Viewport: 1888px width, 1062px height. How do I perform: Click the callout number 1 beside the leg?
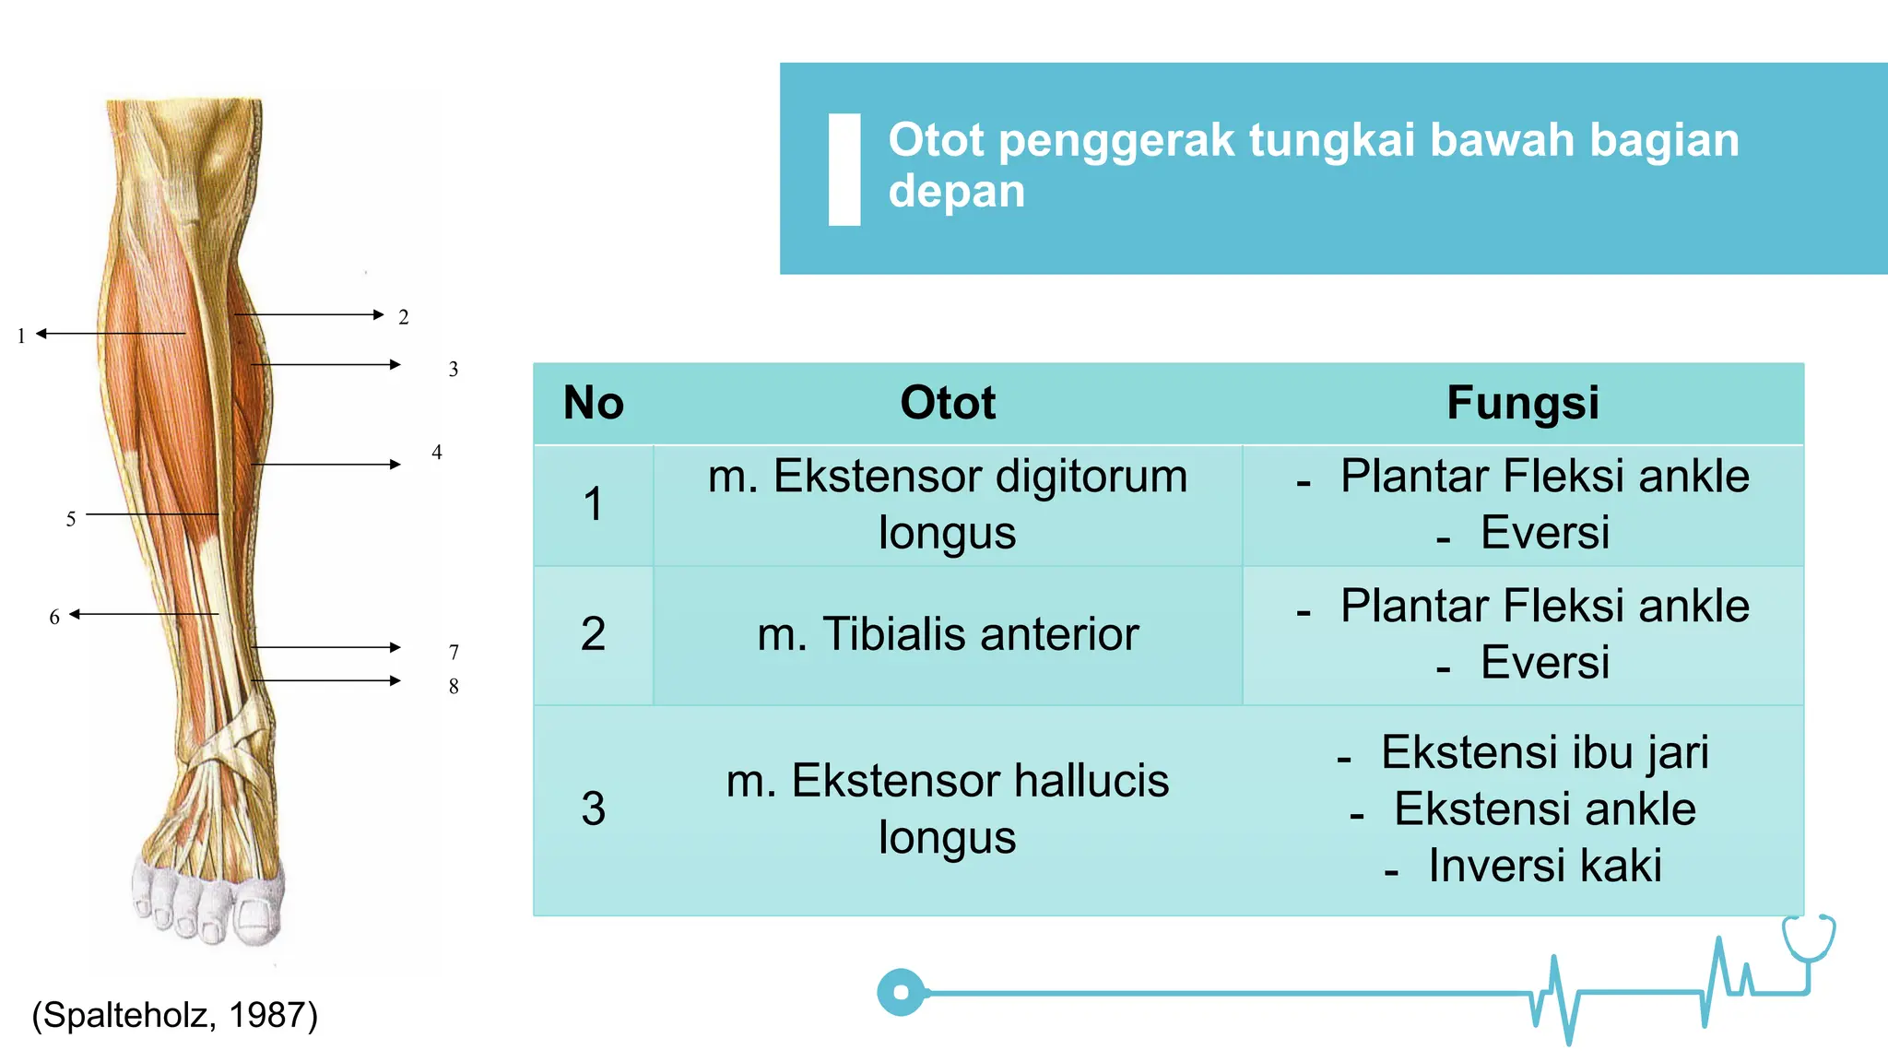point(21,336)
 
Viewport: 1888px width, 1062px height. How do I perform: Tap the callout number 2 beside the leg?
point(403,317)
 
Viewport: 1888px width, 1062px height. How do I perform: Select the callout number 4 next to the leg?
point(437,453)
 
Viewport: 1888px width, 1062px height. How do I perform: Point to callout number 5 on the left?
point(71,519)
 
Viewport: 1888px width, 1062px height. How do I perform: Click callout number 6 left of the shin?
point(54,617)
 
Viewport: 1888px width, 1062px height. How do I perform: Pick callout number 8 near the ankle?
point(454,686)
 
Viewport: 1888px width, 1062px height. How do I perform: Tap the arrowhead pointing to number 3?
point(395,365)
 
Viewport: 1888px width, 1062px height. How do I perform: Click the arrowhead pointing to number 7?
point(395,647)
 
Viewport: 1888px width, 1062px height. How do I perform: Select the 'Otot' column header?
point(948,403)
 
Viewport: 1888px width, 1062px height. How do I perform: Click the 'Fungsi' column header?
point(1523,403)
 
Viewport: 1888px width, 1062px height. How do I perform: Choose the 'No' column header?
point(594,403)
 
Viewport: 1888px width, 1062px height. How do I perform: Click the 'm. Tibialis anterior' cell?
point(948,634)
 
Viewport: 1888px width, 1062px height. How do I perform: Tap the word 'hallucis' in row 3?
point(1091,781)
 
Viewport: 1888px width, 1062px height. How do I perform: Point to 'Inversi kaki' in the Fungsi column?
point(1544,866)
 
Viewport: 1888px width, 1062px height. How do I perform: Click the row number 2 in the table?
point(594,634)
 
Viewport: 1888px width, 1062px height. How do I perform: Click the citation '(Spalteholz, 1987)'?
point(175,1015)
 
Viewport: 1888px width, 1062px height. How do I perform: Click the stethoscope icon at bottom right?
point(1809,940)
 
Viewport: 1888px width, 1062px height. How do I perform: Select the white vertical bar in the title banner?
point(844,170)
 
